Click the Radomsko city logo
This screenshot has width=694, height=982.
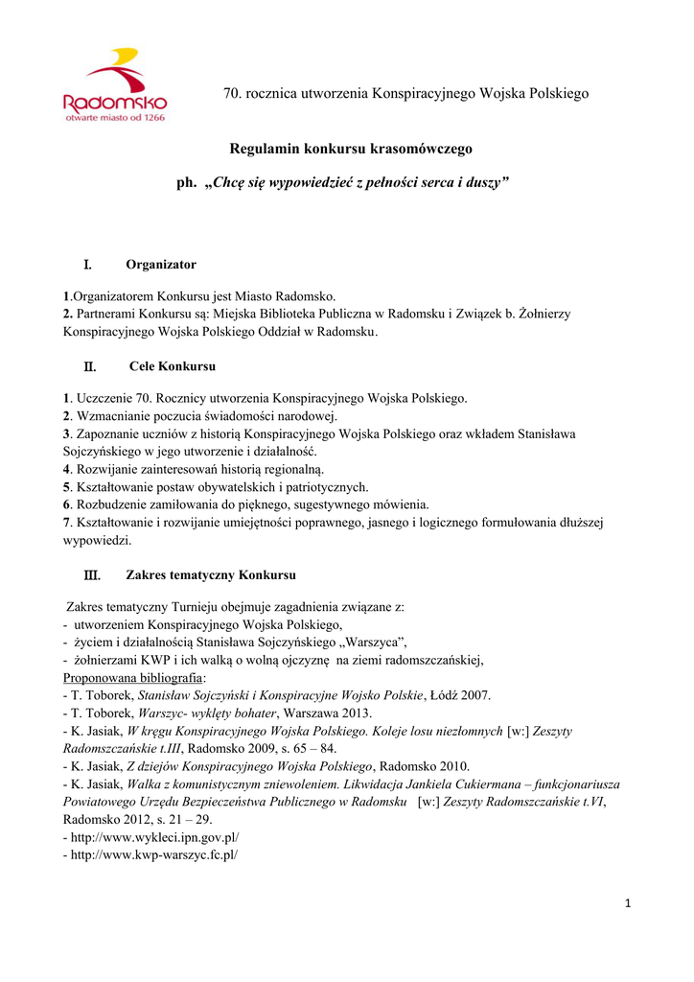115,85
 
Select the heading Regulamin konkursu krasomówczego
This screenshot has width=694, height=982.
351,149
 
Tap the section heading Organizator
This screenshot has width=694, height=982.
161,264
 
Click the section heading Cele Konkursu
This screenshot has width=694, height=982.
172,366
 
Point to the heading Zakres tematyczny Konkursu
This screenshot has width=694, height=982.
211,575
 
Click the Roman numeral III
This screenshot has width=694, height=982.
91,575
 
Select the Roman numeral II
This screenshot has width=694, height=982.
90,366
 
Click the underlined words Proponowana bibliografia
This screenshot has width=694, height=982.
133,677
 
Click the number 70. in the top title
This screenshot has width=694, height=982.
232,93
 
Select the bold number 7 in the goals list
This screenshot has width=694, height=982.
66,523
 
